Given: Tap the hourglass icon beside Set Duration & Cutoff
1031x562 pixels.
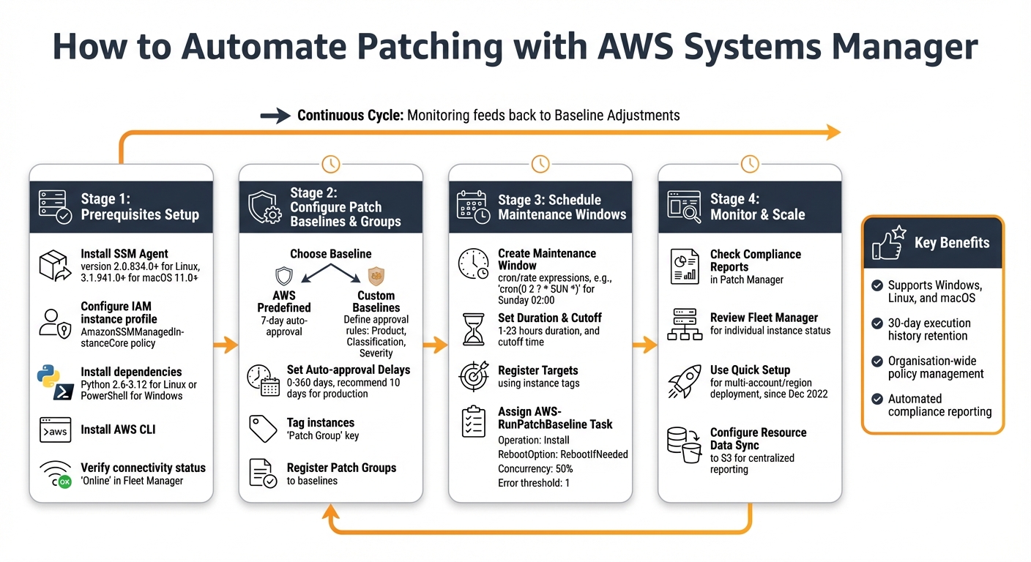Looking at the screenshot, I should click(473, 329).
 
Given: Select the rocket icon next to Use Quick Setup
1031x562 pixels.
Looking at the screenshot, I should click(685, 382).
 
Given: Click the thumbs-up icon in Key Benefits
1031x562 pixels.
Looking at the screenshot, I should click(887, 243).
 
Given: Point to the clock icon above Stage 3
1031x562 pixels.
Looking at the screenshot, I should click(540, 163).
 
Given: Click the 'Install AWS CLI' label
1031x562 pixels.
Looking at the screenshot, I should click(118, 430).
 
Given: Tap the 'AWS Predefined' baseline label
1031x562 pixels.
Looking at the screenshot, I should click(284, 301).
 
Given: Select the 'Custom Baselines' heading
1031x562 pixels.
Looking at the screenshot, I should click(376, 301).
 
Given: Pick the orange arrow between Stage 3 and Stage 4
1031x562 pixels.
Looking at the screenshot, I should click(645, 344).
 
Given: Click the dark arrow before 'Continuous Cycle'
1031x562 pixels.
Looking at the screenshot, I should click(275, 116).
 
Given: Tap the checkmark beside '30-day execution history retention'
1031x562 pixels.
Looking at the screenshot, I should click(876, 323).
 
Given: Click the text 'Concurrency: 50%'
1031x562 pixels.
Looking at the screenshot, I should click(535, 468).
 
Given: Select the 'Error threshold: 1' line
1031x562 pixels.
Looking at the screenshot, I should click(535, 483).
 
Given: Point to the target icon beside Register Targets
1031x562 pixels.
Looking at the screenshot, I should click(473, 376).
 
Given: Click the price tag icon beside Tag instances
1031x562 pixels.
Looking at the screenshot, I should click(263, 429).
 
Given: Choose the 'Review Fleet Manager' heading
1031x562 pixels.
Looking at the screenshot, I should click(764, 318).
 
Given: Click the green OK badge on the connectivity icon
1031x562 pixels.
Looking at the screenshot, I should click(64, 482).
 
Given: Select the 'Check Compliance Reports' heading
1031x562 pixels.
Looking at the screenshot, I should click(755, 261).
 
